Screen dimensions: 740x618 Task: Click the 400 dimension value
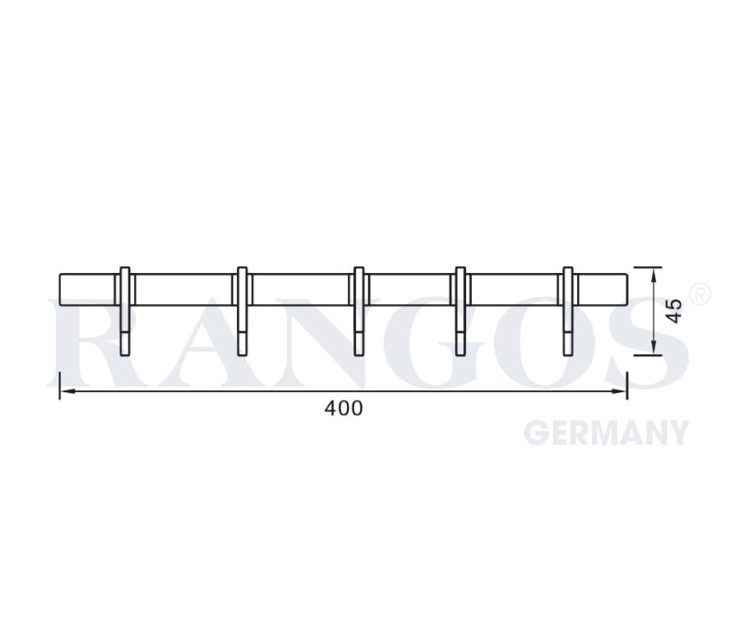pyautogui.click(x=343, y=408)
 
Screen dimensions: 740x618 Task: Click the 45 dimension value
pyautogui.click(x=676, y=311)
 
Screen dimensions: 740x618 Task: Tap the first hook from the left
pyautogui.click(x=125, y=312)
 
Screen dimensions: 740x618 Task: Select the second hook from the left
pyautogui.click(x=242, y=312)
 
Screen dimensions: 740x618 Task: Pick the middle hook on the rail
pyautogui.click(x=359, y=312)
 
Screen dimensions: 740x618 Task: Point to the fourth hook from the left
pyautogui.click(x=460, y=312)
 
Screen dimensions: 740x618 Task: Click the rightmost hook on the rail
pyautogui.click(x=568, y=312)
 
